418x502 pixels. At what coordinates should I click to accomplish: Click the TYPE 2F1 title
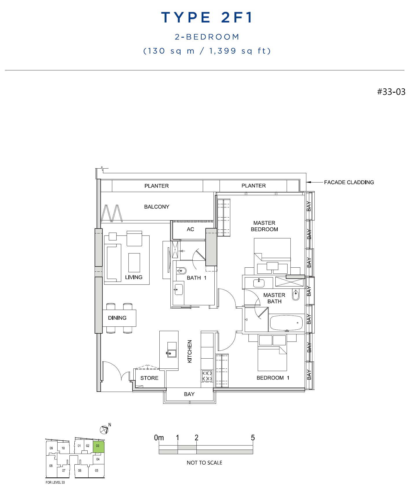(207, 17)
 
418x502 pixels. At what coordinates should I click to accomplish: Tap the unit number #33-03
(391, 92)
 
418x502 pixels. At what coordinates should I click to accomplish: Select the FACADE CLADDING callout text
(349, 182)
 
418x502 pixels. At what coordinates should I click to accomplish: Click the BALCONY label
(156, 207)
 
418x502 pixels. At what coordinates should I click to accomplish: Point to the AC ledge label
(190, 229)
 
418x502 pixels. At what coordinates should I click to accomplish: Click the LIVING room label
(134, 277)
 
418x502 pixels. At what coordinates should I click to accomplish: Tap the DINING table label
(117, 318)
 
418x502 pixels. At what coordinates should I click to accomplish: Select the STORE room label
(149, 378)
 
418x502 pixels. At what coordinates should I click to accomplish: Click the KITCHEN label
(190, 351)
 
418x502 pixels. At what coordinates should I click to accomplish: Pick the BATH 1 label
(197, 278)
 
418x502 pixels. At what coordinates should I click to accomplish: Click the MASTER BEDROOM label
(264, 226)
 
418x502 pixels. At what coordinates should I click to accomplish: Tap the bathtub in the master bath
(286, 323)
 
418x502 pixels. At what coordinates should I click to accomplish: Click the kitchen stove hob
(207, 376)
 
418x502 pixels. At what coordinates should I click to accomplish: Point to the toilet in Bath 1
(181, 271)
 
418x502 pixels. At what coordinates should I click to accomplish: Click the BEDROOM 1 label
(273, 378)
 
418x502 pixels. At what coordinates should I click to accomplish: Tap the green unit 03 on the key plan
(98, 447)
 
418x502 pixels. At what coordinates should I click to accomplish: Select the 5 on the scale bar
(253, 437)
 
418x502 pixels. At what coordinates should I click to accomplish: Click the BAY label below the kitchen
(189, 394)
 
